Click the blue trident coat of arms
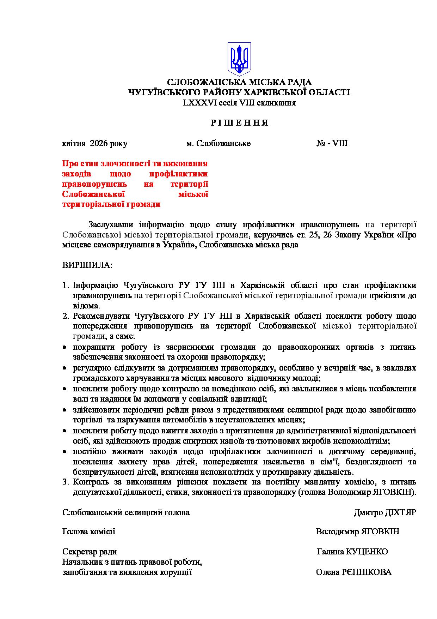239,59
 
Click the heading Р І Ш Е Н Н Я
239,123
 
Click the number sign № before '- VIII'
320,144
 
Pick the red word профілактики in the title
178,174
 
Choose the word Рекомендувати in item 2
98,316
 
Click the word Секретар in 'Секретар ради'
78,552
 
